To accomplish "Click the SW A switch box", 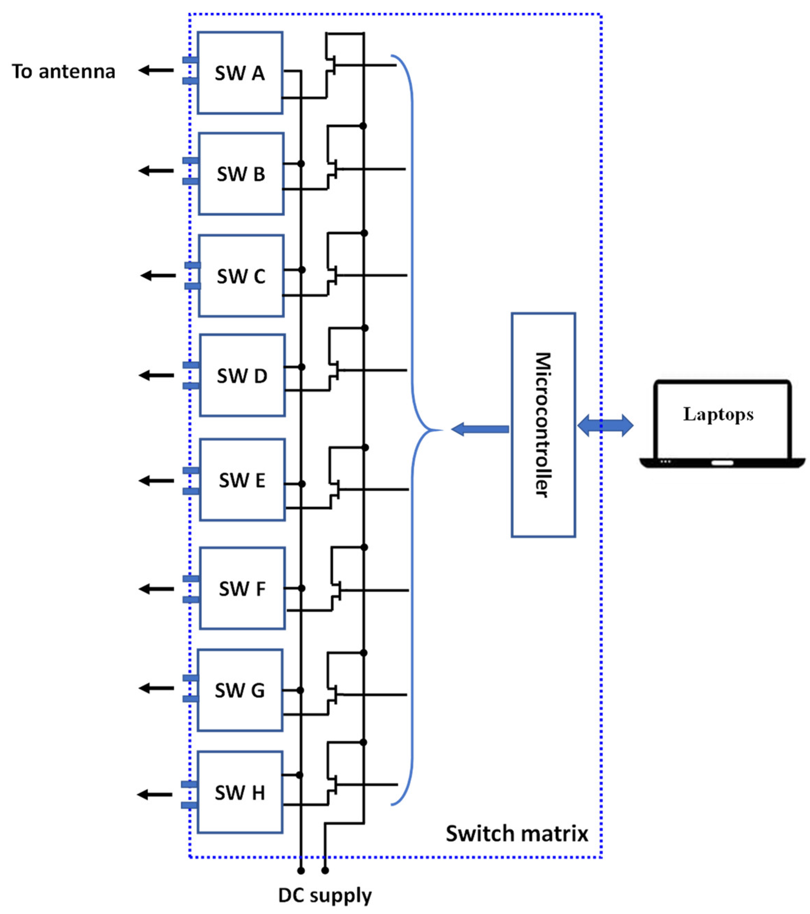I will coord(240,73).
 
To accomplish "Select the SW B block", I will coord(241,173).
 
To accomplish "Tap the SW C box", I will coord(241,276).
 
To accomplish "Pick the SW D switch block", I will coord(242,376).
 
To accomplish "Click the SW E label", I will coord(242,480).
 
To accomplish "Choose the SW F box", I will coord(242,588).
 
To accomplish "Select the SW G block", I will coord(240,690).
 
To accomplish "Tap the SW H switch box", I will coord(240,792).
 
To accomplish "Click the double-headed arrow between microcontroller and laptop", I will coord(605,425).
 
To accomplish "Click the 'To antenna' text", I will coord(64,72).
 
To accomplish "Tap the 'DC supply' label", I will coord(325,895).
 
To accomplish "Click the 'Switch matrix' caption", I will coord(517,833).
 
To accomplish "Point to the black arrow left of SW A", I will coord(156,70).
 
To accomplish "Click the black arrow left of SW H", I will coord(154,794).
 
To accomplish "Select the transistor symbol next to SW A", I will coord(331,65).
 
